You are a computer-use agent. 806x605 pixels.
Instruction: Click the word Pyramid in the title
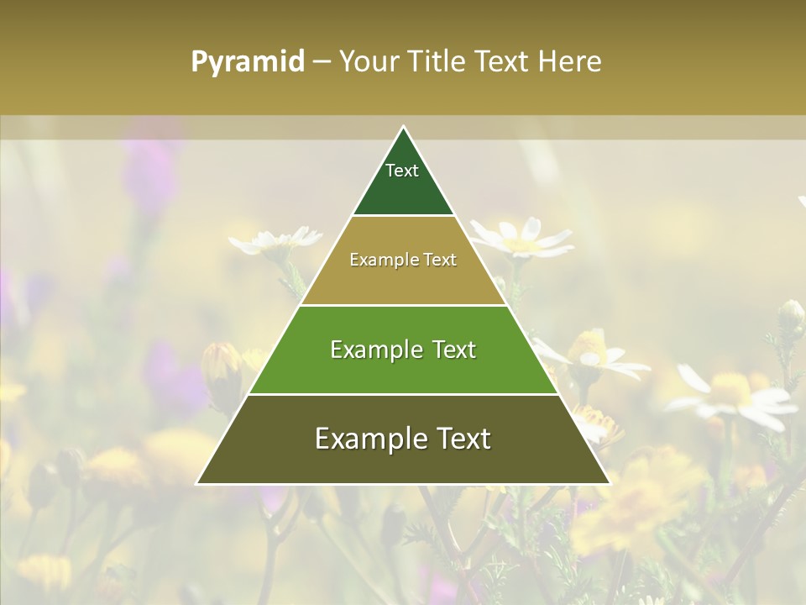[248, 62]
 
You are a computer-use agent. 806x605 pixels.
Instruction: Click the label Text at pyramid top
[402, 171]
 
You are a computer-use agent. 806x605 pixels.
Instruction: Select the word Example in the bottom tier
[366, 439]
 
